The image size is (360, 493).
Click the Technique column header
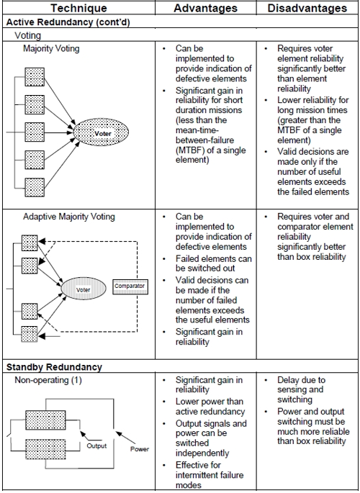tap(78, 8)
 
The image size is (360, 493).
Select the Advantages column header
tap(206, 8)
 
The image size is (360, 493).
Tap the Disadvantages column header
tap(307, 8)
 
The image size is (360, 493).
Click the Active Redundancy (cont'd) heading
tap(68, 22)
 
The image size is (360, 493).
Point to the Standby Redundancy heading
tap(54, 367)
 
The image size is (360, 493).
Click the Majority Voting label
tap(51, 49)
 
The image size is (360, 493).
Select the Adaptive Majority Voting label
tap(69, 217)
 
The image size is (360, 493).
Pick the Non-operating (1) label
tap(48, 380)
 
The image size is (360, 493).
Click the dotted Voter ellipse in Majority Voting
tap(101, 132)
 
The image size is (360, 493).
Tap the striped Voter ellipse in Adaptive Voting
tap(84, 289)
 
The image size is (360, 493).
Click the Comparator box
tap(130, 286)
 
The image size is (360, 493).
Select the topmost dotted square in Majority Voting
tap(35, 77)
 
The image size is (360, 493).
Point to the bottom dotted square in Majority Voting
tap(35, 187)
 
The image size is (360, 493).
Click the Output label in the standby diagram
tap(96, 445)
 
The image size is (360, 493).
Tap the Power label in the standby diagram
tap(140, 449)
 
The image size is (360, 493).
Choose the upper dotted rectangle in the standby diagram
tap(45, 420)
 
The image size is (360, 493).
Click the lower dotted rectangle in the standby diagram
tap(45, 449)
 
